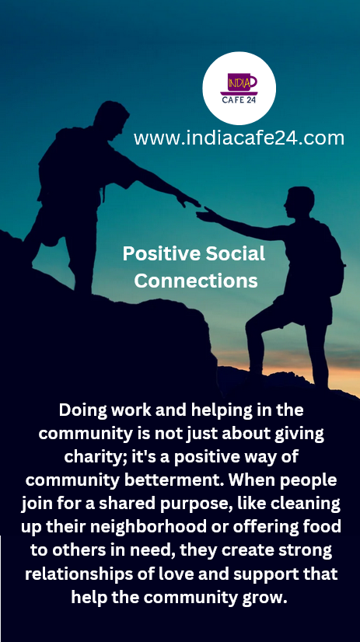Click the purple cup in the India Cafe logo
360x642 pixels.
click(x=241, y=82)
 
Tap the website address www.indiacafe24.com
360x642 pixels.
click(x=239, y=138)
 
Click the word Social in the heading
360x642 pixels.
click(x=235, y=254)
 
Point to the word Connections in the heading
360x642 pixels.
click(x=196, y=281)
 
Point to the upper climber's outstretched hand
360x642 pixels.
click(x=188, y=201)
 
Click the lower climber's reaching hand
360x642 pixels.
click(x=206, y=215)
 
